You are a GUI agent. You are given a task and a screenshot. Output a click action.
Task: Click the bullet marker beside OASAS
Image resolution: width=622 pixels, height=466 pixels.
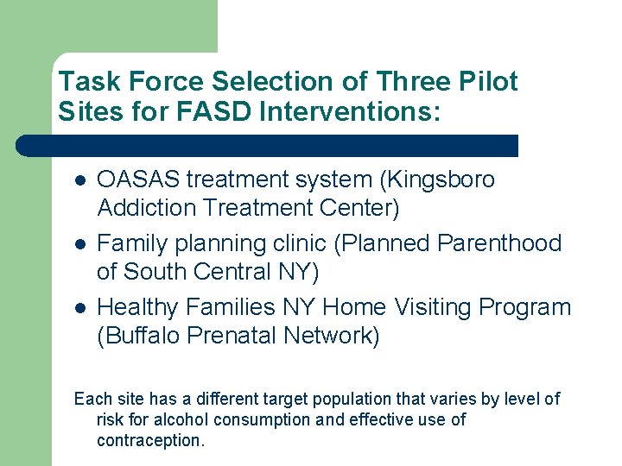pyautogui.click(x=79, y=181)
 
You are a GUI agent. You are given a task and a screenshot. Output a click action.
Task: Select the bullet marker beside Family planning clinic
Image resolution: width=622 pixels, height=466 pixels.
pyautogui.click(x=79, y=245)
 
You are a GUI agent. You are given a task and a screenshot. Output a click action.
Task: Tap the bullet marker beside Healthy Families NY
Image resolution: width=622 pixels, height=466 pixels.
pyautogui.click(x=79, y=308)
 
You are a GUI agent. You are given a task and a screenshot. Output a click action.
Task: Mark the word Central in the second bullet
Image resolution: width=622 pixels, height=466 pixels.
pyautogui.click(x=246, y=272)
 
